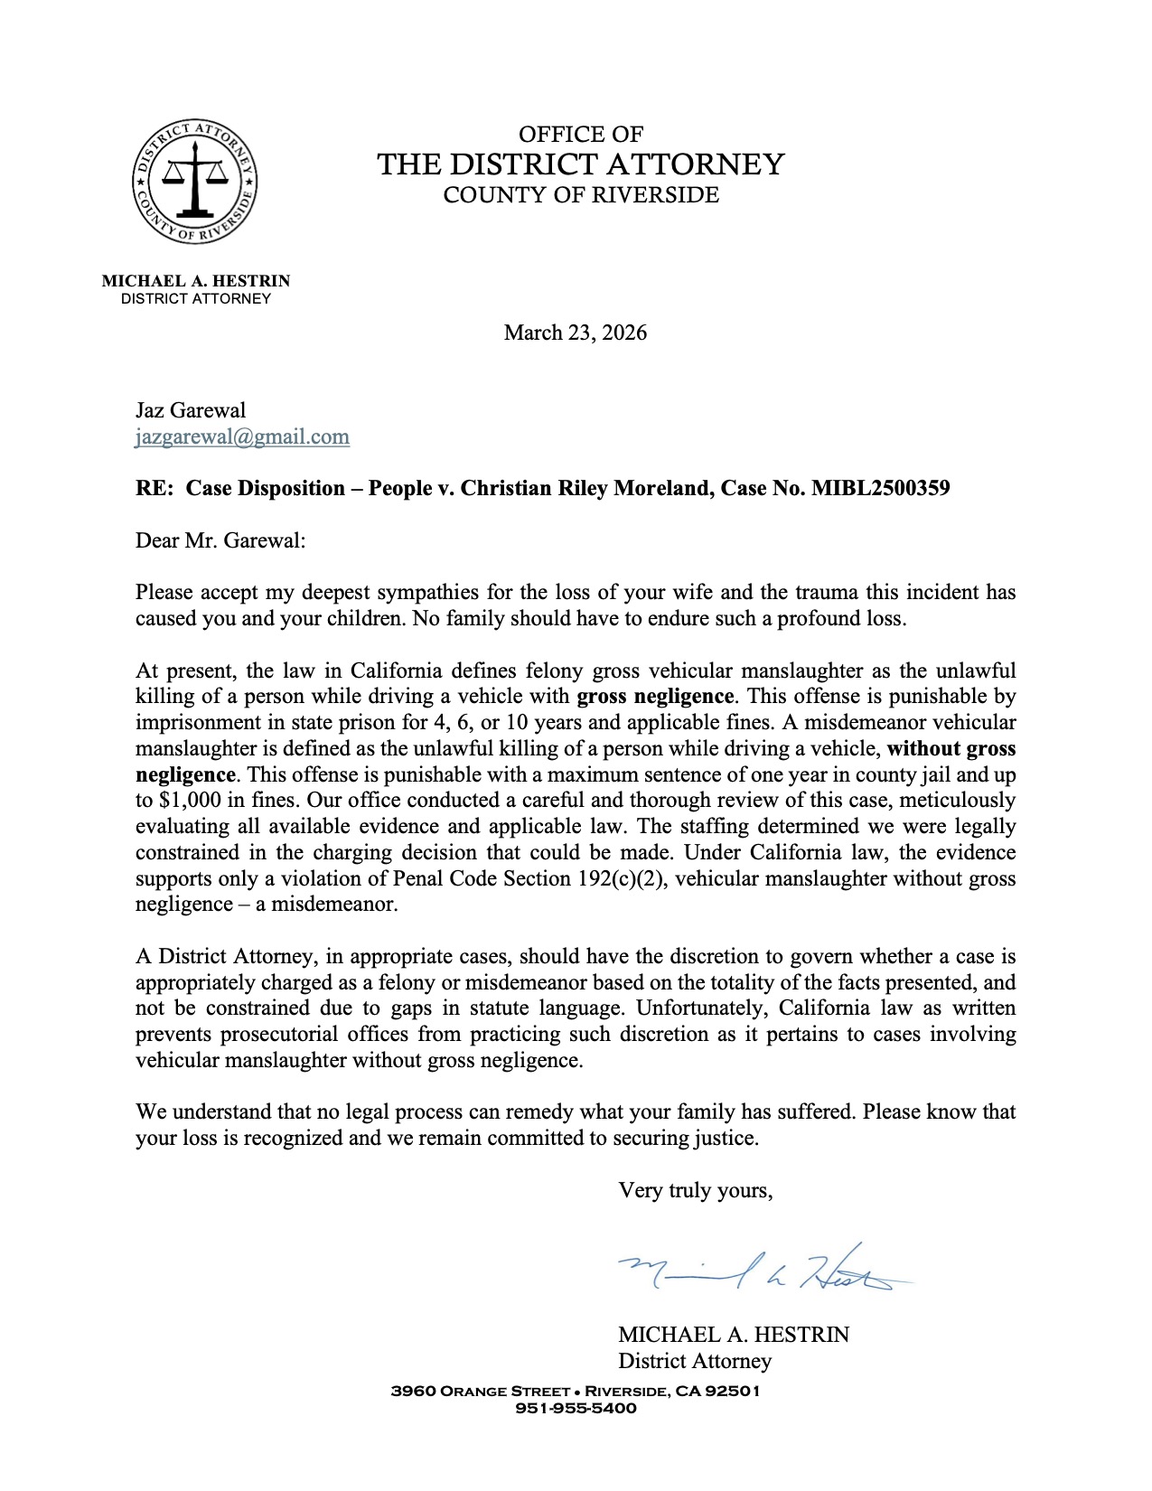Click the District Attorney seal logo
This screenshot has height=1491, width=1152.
pyautogui.click(x=194, y=181)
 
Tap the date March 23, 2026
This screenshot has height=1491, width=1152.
pyautogui.click(x=575, y=333)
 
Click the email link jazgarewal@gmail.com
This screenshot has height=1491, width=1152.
pyautogui.click(x=242, y=437)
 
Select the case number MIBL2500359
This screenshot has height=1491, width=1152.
pyautogui.click(x=880, y=489)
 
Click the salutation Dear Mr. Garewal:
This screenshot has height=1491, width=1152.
pyautogui.click(x=220, y=541)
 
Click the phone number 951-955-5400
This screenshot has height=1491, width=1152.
pyautogui.click(x=575, y=1409)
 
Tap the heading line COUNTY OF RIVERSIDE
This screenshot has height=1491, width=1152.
pyautogui.click(x=580, y=195)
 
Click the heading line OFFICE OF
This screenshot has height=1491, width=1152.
pyautogui.click(x=580, y=135)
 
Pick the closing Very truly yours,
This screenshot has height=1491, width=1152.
pyautogui.click(x=695, y=1191)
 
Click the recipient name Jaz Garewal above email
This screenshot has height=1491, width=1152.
pyautogui.click(x=191, y=411)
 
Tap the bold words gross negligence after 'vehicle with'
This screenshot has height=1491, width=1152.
pyautogui.click(x=655, y=697)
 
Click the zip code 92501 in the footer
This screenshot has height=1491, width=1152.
pyautogui.click(x=732, y=1392)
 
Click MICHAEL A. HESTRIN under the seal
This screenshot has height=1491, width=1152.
pyautogui.click(x=195, y=281)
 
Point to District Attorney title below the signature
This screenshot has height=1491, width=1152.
pyautogui.click(x=694, y=1361)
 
